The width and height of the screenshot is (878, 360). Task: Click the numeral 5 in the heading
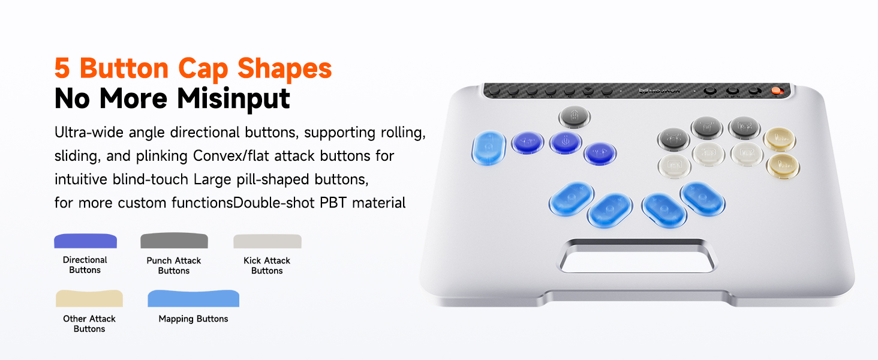click(62, 68)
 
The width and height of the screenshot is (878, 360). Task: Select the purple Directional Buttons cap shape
click(85, 241)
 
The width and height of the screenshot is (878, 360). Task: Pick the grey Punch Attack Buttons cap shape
click(174, 241)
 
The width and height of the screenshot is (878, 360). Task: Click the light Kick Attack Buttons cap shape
click(267, 241)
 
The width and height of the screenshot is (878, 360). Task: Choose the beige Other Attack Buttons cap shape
click(89, 298)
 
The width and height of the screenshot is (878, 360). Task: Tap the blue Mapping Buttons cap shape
click(193, 298)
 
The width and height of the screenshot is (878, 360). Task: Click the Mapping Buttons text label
click(193, 319)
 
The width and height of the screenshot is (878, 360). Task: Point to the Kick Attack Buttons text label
click(267, 265)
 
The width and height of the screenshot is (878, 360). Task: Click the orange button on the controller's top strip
click(776, 91)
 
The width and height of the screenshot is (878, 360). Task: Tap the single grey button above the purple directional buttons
click(575, 116)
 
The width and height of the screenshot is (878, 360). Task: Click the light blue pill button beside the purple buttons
click(489, 148)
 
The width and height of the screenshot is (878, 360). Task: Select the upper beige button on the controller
click(780, 139)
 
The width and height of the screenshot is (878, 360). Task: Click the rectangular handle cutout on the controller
click(638, 257)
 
